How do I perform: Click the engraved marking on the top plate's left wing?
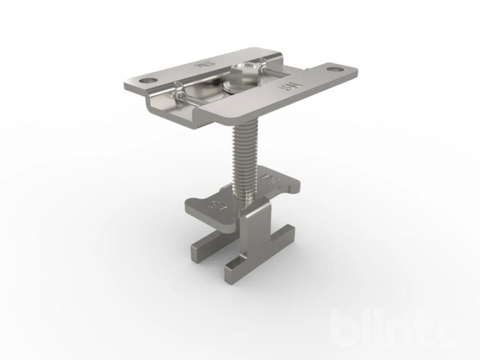[203, 65]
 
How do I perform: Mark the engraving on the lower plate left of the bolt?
[217, 203]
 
